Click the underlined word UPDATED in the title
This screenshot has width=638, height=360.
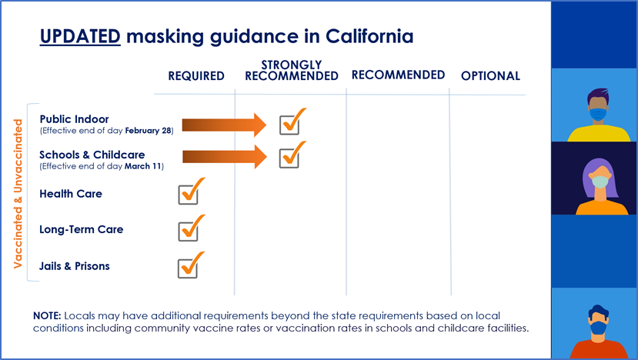pyautogui.click(x=80, y=36)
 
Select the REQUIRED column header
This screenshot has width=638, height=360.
pyautogui.click(x=196, y=76)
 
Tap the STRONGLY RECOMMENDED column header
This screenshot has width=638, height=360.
pyautogui.click(x=292, y=70)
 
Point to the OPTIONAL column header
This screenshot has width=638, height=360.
pyautogui.click(x=490, y=76)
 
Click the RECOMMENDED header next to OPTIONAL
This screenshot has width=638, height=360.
pyautogui.click(x=398, y=75)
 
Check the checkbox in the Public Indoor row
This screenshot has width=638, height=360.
pyautogui.click(x=289, y=123)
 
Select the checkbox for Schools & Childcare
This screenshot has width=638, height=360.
pyautogui.click(x=289, y=157)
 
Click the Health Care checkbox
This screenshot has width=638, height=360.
pyautogui.click(x=188, y=194)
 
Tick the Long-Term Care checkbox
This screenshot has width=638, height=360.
pyautogui.click(x=188, y=230)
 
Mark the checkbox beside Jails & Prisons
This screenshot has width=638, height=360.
pyautogui.click(x=188, y=267)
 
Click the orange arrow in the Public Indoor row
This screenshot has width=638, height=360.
pyautogui.click(x=223, y=124)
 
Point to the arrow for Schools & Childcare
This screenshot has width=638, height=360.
pyautogui.click(x=224, y=158)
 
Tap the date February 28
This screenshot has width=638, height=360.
pyautogui.click(x=151, y=131)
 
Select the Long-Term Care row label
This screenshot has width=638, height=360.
pyautogui.click(x=82, y=229)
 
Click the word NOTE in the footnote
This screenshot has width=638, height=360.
pyautogui.click(x=47, y=316)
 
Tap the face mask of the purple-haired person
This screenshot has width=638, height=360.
pyautogui.click(x=600, y=182)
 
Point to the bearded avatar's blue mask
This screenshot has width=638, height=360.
pyautogui.click(x=598, y=328)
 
